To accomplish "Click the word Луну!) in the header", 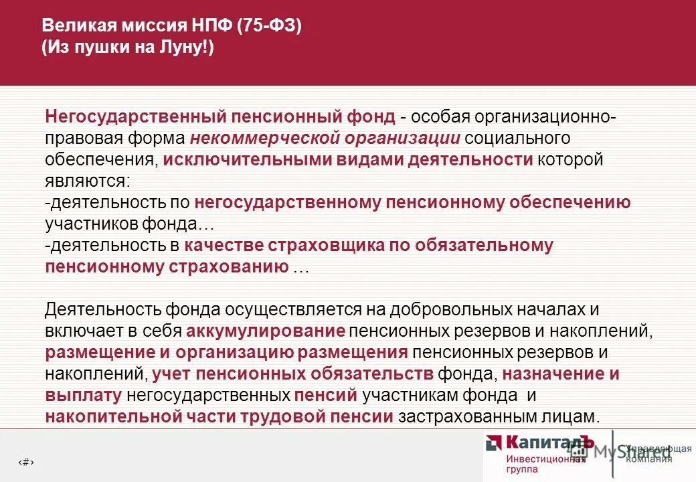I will pos(187,50).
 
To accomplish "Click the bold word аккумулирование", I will pos(266,331).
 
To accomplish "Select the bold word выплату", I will pos(84,395).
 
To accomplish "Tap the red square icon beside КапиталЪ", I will pos(494,443).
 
